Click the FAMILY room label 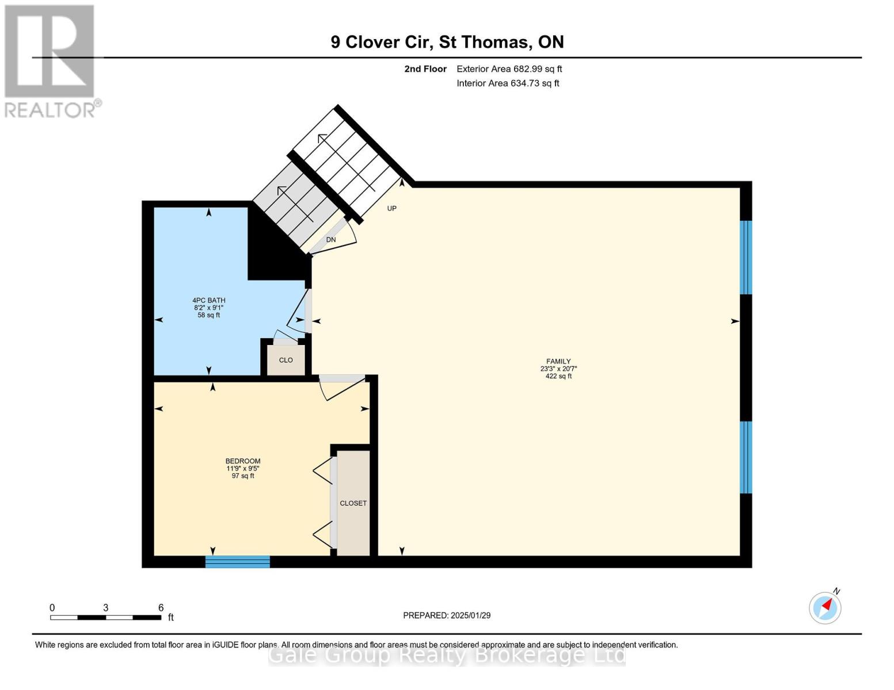click(558, 361)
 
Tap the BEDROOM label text click(243, 461)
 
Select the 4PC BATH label click(208, 300)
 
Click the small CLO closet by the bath click(286, 360)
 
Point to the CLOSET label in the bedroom click(353, 503)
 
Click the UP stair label click(391, 208)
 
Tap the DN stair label click(331, 240)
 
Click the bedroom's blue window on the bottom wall click(237, 561)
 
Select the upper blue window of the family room click(746, 257)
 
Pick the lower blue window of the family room click(746, 457)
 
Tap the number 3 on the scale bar click(106, 607)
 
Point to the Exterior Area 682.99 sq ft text click(509, 69)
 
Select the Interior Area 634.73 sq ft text click(508, 83)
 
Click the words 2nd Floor click(425, 69)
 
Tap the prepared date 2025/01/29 click(471, 615)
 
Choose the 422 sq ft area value click(558, 376)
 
